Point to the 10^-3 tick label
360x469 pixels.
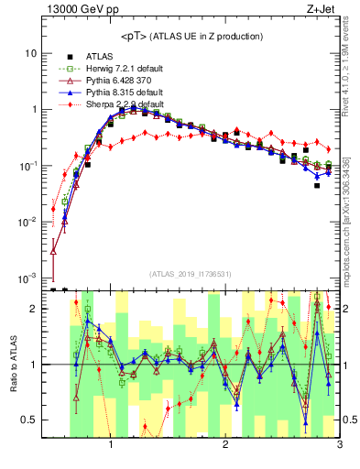28,278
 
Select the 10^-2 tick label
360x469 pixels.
28,222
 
